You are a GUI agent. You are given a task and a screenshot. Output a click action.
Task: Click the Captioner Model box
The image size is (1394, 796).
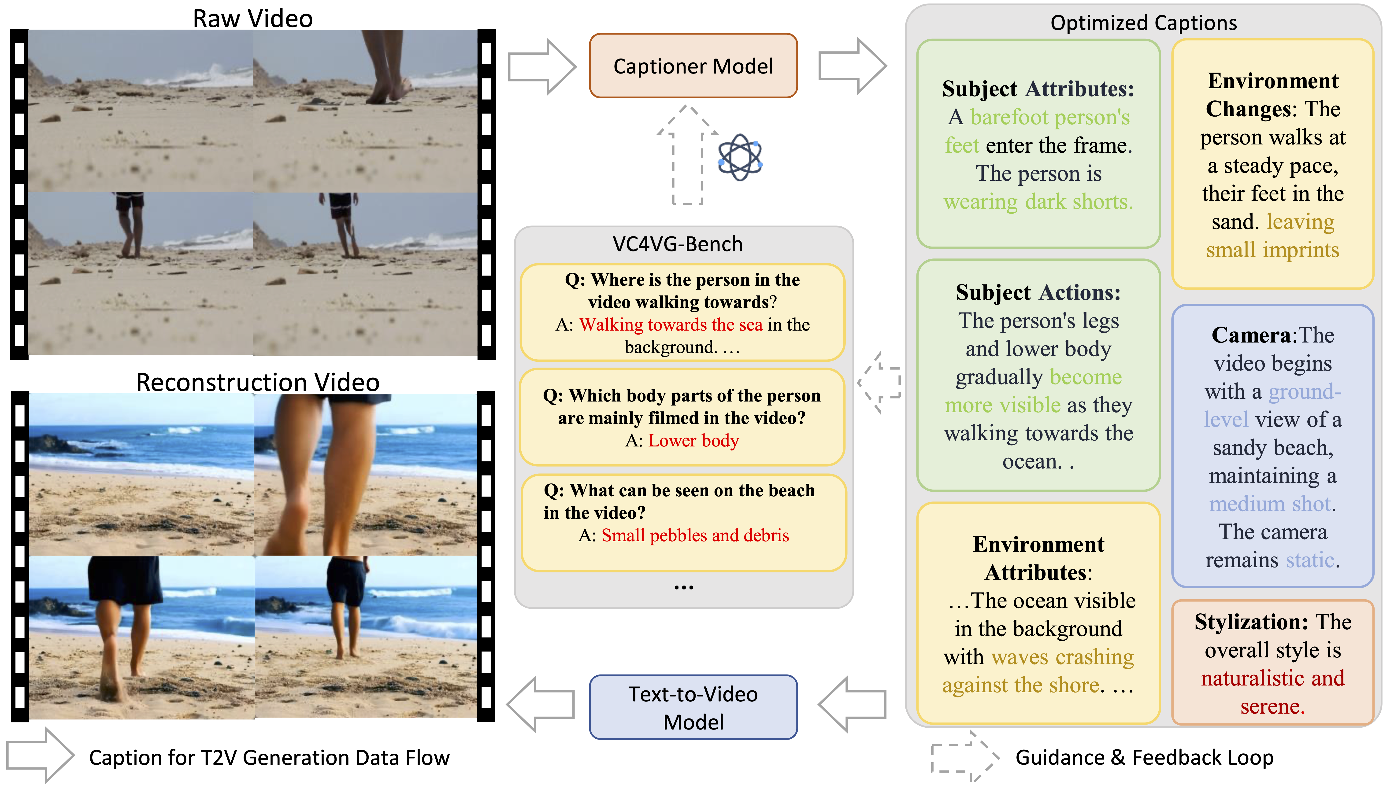[693, 66]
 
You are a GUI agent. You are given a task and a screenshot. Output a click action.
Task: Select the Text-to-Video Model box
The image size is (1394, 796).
[693, 708]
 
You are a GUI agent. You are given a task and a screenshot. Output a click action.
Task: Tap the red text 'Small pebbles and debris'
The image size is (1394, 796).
[695, 535]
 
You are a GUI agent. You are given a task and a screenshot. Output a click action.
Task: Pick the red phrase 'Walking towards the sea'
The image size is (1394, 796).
[671, 325]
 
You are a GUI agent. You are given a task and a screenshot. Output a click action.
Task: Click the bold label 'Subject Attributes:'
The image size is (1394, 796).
[1038, 88]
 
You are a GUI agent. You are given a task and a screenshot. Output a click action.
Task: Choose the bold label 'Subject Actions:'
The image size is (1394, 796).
[1038, 292]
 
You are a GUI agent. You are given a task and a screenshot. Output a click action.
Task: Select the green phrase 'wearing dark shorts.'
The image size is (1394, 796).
[1038, 202]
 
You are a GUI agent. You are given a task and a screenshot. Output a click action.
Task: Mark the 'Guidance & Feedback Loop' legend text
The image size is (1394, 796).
[1144, 758]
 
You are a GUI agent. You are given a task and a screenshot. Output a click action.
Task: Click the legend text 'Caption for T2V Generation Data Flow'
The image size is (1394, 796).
[269, 758]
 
